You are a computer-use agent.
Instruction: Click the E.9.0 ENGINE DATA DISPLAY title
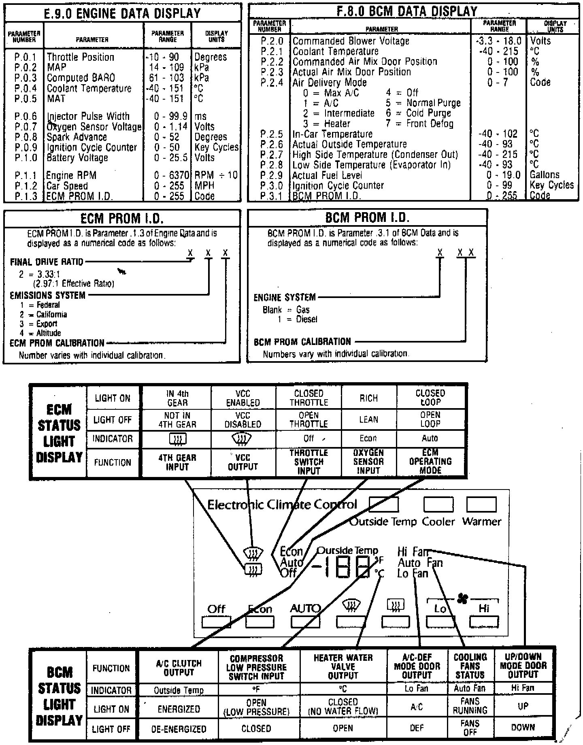pos(122,13)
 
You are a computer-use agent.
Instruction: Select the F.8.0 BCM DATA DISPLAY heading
pos(407,11)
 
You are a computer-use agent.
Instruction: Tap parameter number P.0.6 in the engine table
pos(26,117)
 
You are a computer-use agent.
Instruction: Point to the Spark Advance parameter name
pos(77,137)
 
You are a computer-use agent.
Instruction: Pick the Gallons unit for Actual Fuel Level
pos(545,175)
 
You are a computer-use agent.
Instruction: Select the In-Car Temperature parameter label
pos(332,134)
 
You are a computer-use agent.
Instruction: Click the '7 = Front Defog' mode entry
pos(419,123)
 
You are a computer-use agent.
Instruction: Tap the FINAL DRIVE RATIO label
pos(47,262)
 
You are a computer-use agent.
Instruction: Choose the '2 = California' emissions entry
pos(43,315)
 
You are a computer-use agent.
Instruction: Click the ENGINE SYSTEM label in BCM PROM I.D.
pos(284,298)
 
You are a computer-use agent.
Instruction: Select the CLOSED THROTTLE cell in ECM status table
pos(309,398)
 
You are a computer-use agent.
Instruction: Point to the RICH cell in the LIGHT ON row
pos(368,398)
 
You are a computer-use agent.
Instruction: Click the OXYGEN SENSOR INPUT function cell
pos(368,462)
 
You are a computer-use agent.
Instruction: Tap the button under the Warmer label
pos(481,504)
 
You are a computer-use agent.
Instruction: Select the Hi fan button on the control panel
pos(484,622)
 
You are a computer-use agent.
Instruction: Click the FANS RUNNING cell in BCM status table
pos(470,706)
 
